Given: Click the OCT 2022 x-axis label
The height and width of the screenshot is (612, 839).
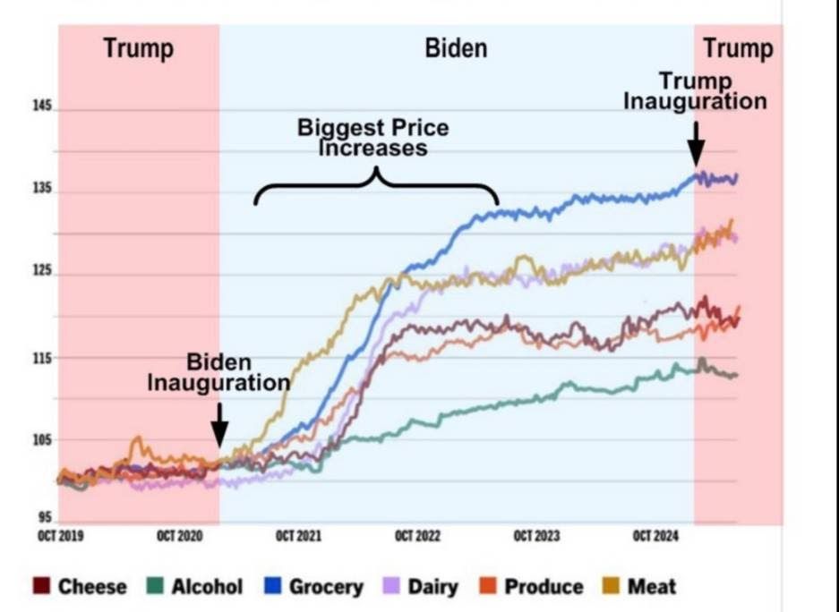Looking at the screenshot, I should (x=417, y=536).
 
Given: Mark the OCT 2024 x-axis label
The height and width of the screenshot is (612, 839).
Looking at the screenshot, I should (x=654, y=536).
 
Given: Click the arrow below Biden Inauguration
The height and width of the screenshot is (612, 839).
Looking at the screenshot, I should (x=219, y=421).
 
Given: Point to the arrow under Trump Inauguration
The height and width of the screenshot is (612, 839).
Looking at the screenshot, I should (x=695, y=140).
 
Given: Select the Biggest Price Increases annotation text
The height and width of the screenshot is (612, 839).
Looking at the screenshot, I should (x=373, y=137).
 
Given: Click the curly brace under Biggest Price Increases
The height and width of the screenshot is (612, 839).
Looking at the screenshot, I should (x=375, y=183).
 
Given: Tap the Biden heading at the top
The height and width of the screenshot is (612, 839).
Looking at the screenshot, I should (x=457, y=48).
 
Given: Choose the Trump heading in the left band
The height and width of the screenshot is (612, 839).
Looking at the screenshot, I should (x=137, y=48).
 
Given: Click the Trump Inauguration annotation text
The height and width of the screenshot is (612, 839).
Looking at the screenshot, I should (x=695, y=90).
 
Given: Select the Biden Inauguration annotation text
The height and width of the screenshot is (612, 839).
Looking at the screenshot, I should (x=219, y=373).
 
